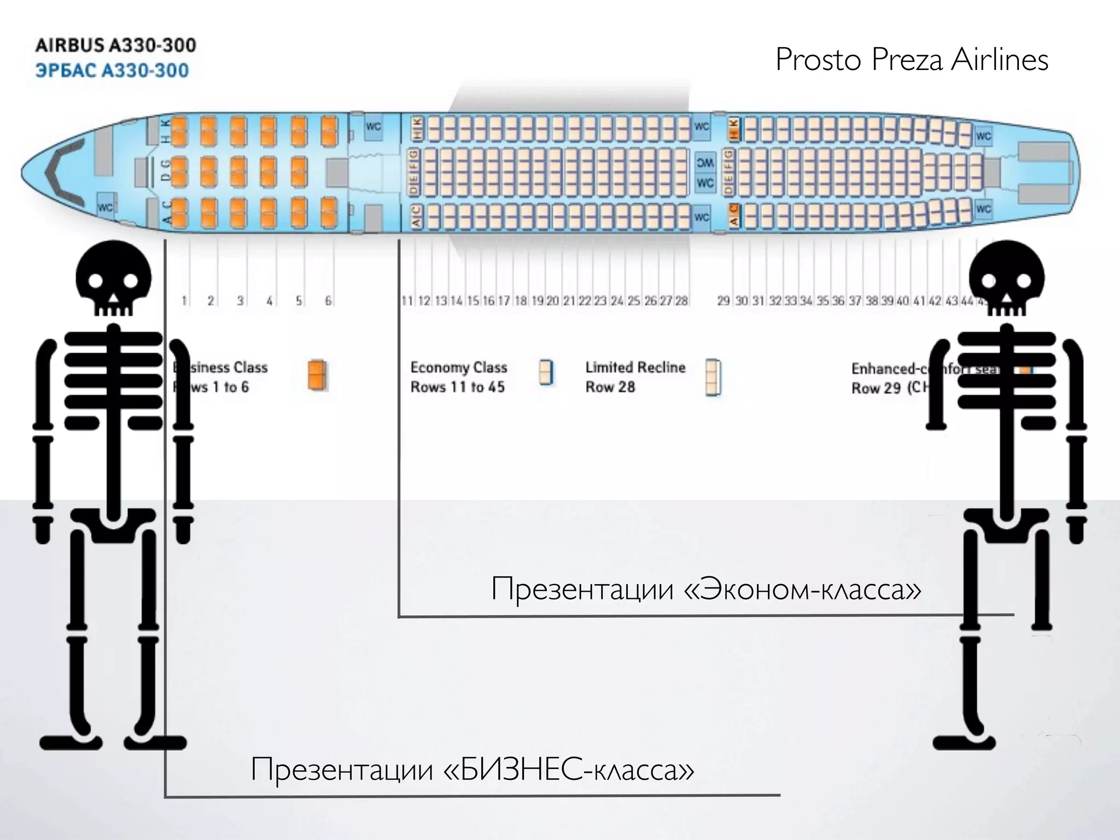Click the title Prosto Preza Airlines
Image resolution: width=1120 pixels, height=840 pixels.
click(x=912, y=60)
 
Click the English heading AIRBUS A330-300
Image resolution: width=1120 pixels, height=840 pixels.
click(x=115, y=45)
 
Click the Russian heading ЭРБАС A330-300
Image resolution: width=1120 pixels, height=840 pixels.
click(x=112, y=71)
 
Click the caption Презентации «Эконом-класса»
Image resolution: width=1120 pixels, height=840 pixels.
click(x=706, y=590)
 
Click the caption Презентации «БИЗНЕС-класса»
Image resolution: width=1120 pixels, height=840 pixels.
click(x=472, y=769)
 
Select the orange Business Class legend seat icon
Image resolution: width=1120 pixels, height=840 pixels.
click(x=317, y=375)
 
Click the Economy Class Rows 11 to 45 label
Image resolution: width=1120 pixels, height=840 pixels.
click(x=458, y=377)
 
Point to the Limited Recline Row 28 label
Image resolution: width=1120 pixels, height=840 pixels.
click(x=635, y=377)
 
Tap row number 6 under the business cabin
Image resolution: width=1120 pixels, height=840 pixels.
click(x=328, y=301)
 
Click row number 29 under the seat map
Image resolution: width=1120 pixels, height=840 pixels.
click(x=724, y=301)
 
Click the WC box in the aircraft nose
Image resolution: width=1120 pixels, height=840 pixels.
click(x=105, y=207)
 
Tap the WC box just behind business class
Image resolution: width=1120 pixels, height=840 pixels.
click(x=374, y=127)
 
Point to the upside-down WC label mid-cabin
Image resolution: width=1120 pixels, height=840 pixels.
click(x=705, y=162)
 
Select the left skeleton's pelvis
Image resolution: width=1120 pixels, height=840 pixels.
click(x=113, y=525)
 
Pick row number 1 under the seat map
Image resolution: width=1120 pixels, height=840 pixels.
click(x=184, y=301)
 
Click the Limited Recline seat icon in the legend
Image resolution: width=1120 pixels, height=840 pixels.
click(x=713, y=377)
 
